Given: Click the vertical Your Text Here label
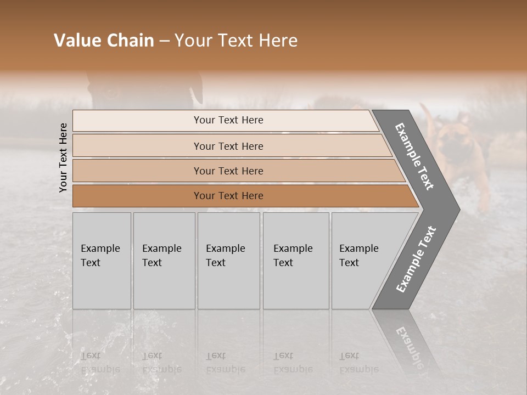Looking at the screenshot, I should pyautogui.click(x=63, y=157).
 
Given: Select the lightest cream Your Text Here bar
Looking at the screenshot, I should pyautogui.click(x=228, y=120).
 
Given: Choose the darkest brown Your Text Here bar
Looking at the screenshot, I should pyautogui.click(x=228, y=196).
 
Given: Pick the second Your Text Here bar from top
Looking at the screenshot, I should pyautogui.click(x=228, y=146).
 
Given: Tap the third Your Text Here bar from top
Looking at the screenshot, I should pyautogui.click(x=228, y=171).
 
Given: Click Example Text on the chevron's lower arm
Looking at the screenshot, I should pyautogui.click(x=416, y=259).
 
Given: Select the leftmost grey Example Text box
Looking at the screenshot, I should pyautogui.click(x=102, y=261).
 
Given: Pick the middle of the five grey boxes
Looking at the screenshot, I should pyautogui.click(x=228, y=261).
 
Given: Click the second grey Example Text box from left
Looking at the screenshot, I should pyautogui.click(x=164, y=261).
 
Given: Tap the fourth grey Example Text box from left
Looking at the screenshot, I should pyautogui.click(x=296, y=261).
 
